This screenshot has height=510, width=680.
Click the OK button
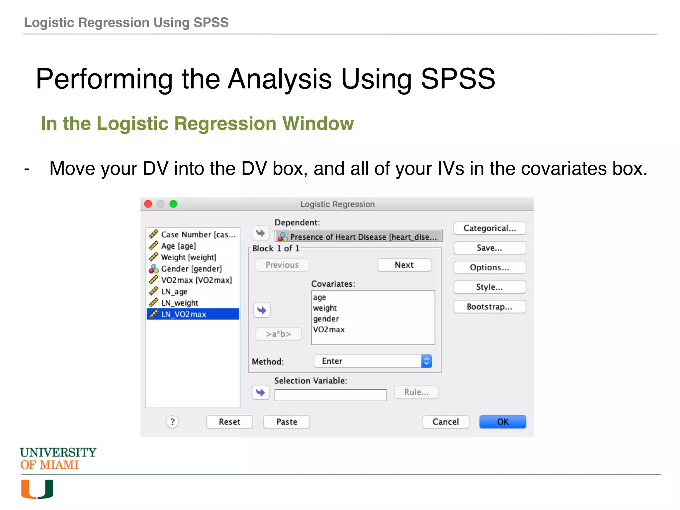[502, 422]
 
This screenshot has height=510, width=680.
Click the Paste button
[286, 422]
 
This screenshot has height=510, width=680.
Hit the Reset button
[229, 422]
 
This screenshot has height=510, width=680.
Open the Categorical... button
[489, 228]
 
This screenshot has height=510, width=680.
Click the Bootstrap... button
[489, 306]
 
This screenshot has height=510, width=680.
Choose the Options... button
[489, 267]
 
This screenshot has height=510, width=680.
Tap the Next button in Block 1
[404, 265]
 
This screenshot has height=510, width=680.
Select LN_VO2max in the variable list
[193, 314]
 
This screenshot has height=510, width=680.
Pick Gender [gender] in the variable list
[191, 269]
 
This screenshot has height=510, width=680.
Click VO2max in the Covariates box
[329, 329]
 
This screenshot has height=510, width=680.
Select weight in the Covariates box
[325, 308]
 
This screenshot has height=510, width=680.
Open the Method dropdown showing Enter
[373, 361]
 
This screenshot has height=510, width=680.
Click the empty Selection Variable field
[330, 395]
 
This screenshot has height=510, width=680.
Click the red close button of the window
[148, 204]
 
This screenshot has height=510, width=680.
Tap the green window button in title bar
[173, 204]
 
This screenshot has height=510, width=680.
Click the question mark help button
[172, 422]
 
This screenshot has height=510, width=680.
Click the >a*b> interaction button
[278, 334]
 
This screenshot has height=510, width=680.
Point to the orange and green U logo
[37, 489]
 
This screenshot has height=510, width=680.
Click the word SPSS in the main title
[458, 79]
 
